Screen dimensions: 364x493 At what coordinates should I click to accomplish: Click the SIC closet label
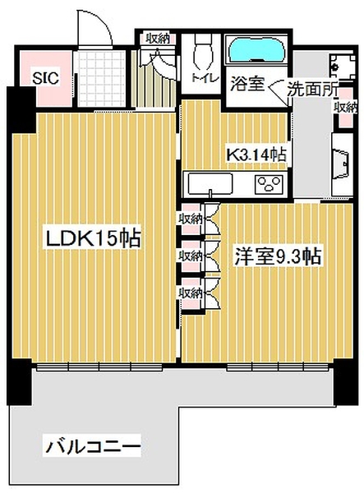(x=45, y=78)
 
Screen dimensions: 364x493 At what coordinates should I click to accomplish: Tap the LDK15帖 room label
(x=94, y=238)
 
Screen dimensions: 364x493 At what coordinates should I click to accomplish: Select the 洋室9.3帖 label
(x=278, y=257)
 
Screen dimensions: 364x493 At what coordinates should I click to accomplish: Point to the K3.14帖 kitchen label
(x=257, y=154)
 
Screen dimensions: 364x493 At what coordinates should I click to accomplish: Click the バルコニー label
(x=92, y=445)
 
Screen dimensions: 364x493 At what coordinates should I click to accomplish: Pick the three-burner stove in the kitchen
(x=269, y=184)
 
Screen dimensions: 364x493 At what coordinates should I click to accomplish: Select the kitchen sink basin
(x=210, y=184)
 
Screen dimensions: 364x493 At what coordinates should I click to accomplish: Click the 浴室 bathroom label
(x=247, y=84)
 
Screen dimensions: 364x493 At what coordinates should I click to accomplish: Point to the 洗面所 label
(x=313, y=89)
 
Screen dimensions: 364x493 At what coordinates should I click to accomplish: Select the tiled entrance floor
(x=101, y=79)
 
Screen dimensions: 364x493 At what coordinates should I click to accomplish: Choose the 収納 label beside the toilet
(x=158, y=39)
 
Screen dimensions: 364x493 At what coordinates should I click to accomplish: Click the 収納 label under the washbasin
(x=346, y=108)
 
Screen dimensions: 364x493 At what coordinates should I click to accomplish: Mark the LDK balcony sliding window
(x=99, y=366)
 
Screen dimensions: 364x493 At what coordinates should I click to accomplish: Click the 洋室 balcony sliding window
(x=279, y=366)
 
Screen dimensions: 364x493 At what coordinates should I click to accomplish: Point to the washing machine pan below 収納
(x=342, y=165)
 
